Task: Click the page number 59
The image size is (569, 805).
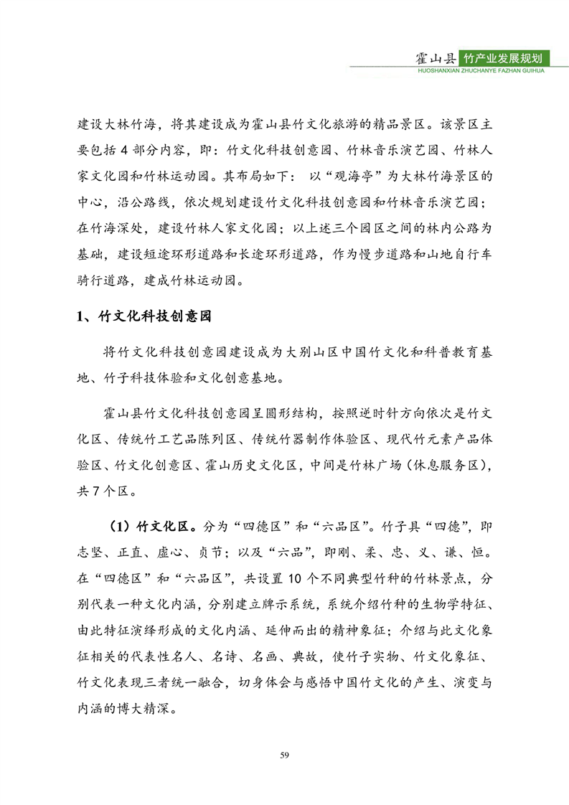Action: pyautogui.click(x=285, y=755)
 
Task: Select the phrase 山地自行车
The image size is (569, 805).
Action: pyautogui.click(x=459, y=254)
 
